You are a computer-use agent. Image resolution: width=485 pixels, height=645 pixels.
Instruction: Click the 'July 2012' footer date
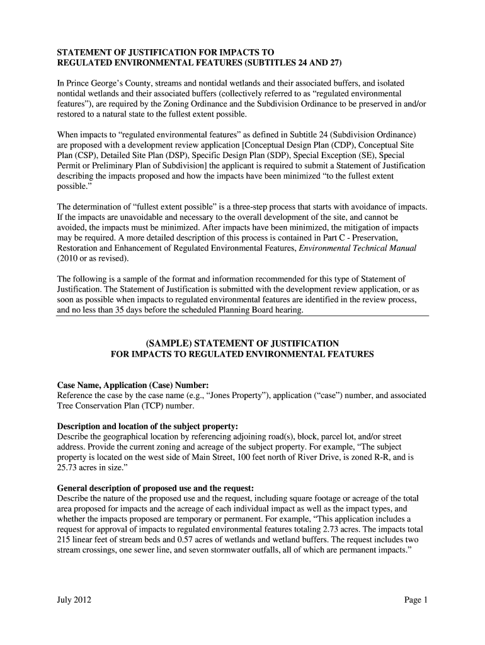[x=74, y=600]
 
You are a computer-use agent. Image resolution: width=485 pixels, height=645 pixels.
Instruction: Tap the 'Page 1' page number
[x=416, y=600]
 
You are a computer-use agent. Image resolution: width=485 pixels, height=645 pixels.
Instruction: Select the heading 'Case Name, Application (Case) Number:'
[x=133, y=385]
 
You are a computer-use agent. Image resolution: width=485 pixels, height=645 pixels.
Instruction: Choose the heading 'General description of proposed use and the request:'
[x=156, y=488]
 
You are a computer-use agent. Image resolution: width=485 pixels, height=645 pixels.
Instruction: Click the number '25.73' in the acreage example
[x=68, y=468]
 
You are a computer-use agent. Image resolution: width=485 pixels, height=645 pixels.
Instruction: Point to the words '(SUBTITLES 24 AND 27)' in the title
[x=285, y=62]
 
